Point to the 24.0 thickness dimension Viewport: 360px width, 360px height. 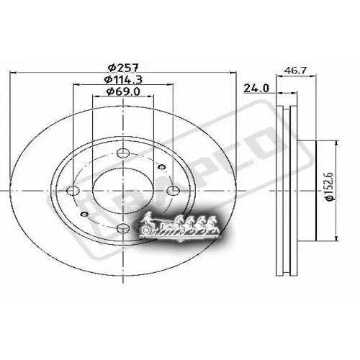click(x=256, y=89)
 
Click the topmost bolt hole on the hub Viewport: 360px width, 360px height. click(x=121, y=153)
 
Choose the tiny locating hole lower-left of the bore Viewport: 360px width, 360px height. click(x=84, y=215)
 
